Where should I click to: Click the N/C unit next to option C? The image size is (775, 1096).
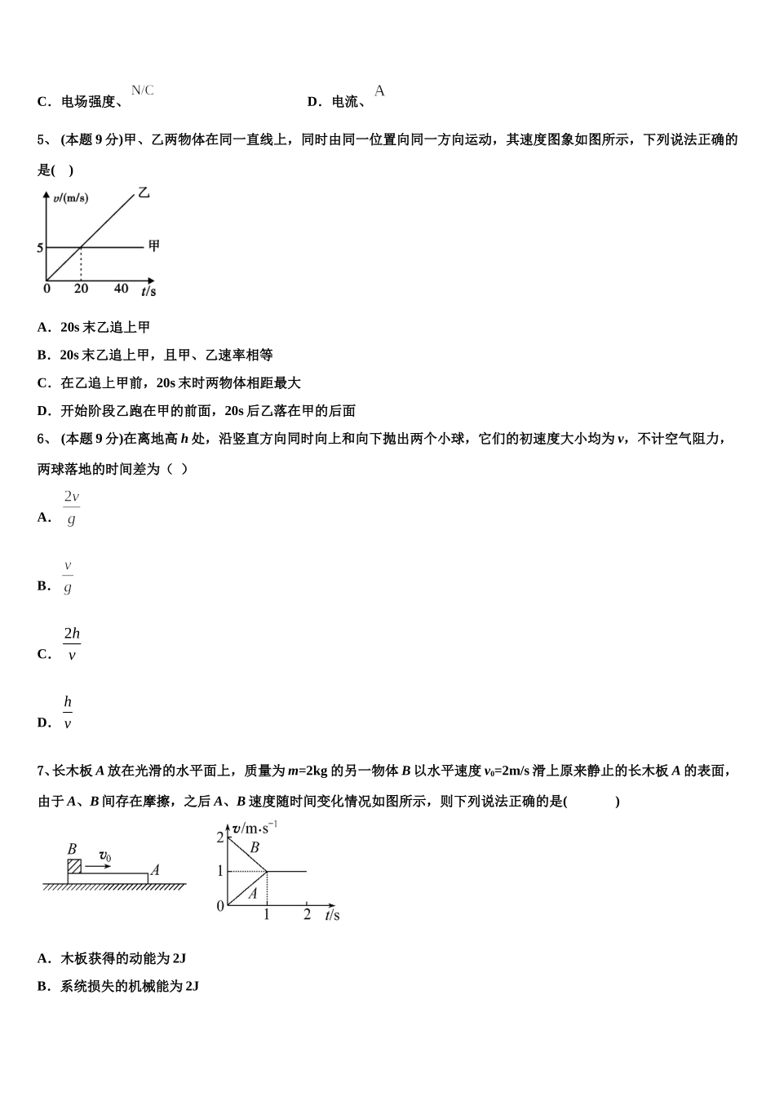click(142, 91)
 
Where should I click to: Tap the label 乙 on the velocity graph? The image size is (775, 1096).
click(144, 193)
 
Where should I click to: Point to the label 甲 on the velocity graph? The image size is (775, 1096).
click(153, 245)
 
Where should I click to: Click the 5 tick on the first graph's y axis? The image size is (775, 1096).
click(40, 247)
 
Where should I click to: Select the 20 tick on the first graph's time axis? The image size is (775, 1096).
click(81, 289)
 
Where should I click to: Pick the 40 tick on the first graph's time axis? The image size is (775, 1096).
click(121, 289)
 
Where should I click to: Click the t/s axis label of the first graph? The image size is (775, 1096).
click(148, 290)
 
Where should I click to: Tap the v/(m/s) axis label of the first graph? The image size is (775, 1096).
click(70, 198)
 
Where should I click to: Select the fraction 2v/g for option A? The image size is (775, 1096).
click(72, 507)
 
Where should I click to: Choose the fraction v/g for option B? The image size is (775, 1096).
click(68, 576)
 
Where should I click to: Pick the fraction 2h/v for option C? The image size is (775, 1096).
click(72, 643)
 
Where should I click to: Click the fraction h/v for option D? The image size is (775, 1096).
click(68, 712)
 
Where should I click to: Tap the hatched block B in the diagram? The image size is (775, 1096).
click(74, 866)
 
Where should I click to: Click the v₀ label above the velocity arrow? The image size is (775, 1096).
click(105, 855)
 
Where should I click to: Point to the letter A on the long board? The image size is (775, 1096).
click(155, 870)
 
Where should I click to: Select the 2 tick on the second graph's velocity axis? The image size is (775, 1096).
click(220, 837)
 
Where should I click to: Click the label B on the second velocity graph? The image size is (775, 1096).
click(255, 847)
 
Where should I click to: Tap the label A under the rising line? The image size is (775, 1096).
click(253, 893)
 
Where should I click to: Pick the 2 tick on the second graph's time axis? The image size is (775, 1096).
click(307, 914)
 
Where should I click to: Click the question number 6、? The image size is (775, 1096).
click(46, 439)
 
